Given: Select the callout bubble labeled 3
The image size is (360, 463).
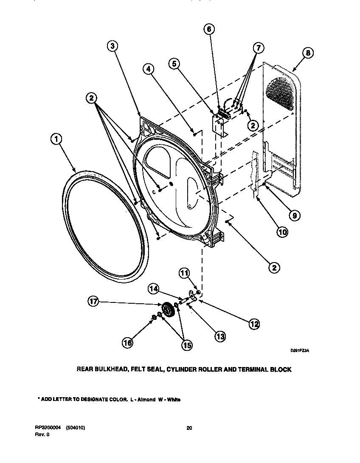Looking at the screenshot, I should coord(112,46).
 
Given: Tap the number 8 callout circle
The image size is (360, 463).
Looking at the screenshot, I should coord(308,53).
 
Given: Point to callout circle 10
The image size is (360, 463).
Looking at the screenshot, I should coord(282,231).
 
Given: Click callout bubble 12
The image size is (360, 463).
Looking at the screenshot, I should coord(253,324).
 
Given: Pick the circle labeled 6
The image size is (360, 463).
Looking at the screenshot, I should coord(208,29).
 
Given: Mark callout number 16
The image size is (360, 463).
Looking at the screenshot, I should coord(127,342).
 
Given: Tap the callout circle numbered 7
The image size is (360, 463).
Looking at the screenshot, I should coord(258,47).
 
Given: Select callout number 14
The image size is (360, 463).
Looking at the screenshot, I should coord(154,289).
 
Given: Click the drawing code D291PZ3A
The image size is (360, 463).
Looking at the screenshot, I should coord(300,350).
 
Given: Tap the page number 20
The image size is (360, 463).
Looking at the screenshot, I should coord(189,428).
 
